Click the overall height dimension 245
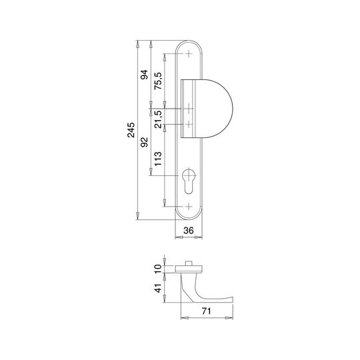(131, 130)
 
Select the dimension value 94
(145, 75)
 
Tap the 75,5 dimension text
(158, 81)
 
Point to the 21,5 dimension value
(158, 119)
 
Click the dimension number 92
(145, 142)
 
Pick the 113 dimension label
(158, 159)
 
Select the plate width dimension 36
(189, 230)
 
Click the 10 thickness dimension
(158, 269)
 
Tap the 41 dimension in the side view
(158, 288)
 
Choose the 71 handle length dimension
(206, 311)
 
